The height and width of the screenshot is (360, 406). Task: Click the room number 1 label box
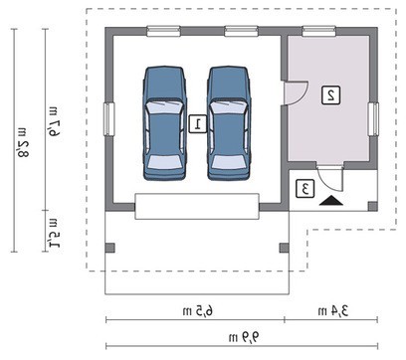point(198,124)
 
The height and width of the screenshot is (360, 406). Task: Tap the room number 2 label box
point(331,95)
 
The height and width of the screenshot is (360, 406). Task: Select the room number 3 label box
point(305,189)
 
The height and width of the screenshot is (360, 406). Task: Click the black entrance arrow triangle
point(331,201)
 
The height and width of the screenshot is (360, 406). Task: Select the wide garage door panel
point(197,206)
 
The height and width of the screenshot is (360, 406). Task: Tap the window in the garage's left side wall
point(109,119)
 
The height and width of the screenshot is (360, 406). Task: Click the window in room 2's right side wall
point(373,119)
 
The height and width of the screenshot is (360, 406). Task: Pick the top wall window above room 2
point(319,32)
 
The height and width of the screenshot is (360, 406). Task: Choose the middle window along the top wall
point(241,32)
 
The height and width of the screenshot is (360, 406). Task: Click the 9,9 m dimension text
point(244,338)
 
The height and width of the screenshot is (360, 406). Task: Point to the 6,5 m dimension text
point(198,311)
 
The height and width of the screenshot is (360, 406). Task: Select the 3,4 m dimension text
point(333,311)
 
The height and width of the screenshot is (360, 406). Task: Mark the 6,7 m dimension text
point(54,122)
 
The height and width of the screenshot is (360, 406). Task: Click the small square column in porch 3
point(373,206)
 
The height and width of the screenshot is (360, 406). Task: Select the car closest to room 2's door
point(228,123)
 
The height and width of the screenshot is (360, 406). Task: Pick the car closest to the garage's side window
point(164,123)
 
